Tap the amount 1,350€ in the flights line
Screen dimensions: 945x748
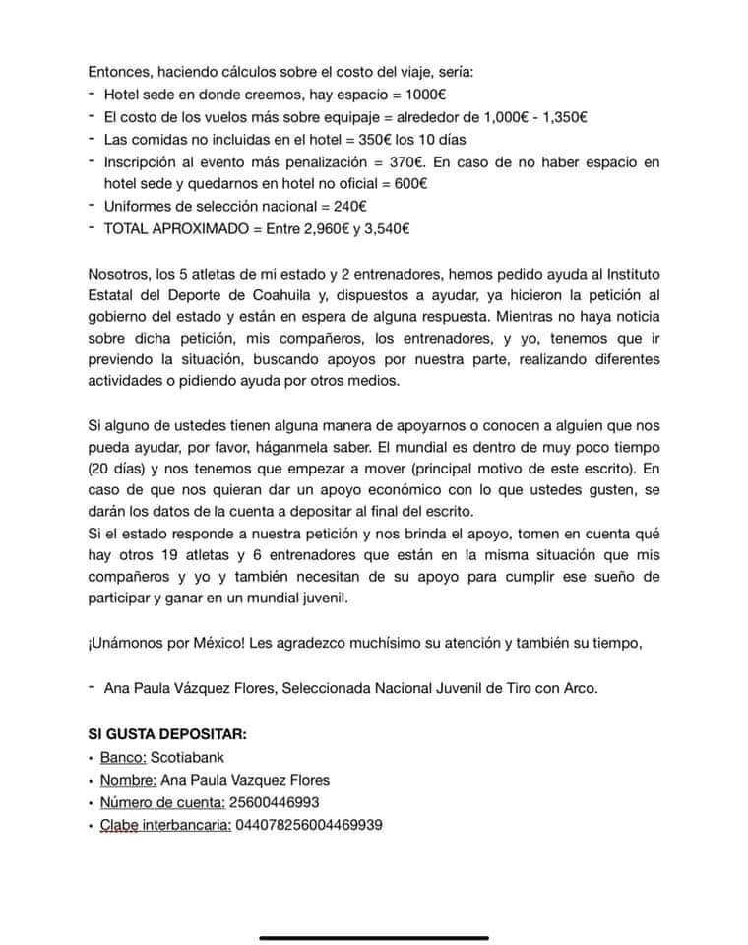(x=562, y=117)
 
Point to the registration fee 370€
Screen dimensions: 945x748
(x=410, y=161)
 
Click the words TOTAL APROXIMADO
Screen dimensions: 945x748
(x=169, y=228)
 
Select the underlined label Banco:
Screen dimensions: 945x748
(x=122, y=757)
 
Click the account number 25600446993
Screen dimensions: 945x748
(x=274, y=802)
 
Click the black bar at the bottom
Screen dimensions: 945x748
(x=373, y=938)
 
